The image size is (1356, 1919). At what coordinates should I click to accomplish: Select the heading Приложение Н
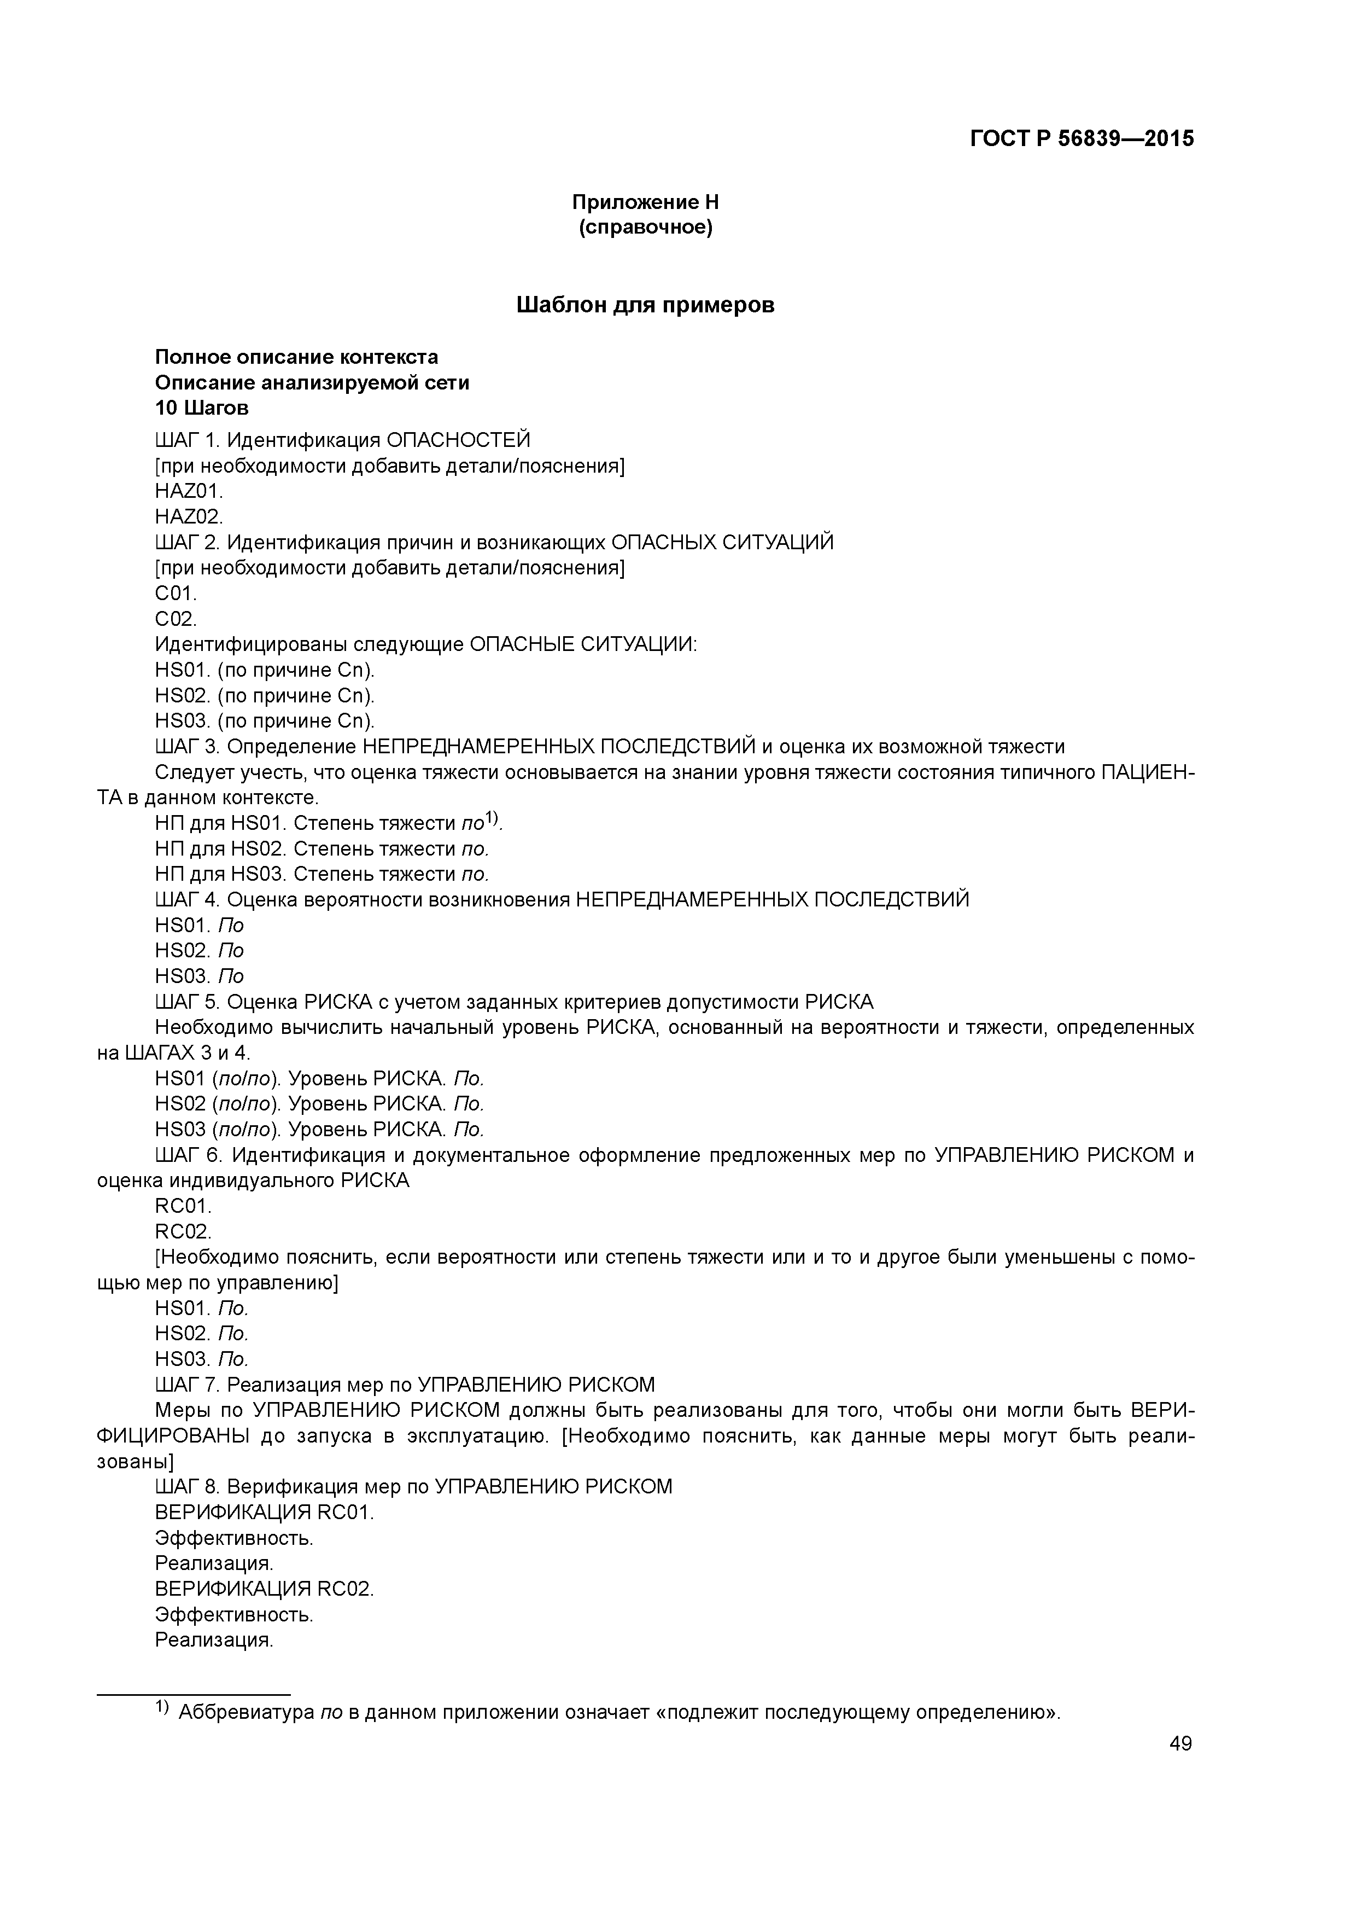(645, 202)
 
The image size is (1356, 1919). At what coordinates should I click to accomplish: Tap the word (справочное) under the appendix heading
(645, 228)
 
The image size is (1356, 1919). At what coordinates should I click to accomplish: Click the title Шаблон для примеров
(645, 305)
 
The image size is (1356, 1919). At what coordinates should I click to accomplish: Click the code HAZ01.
(189, 491)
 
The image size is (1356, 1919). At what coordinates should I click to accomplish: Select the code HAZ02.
(189, 516)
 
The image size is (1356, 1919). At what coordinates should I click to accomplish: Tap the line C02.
(176, 619)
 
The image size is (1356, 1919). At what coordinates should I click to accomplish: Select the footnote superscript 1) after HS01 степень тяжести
(493, 819)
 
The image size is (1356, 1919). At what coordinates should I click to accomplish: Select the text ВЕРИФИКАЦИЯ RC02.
(264, 1589)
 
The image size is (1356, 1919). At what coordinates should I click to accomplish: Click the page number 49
(1180, 1743)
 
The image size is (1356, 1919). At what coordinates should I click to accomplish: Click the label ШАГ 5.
(186, 1002)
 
